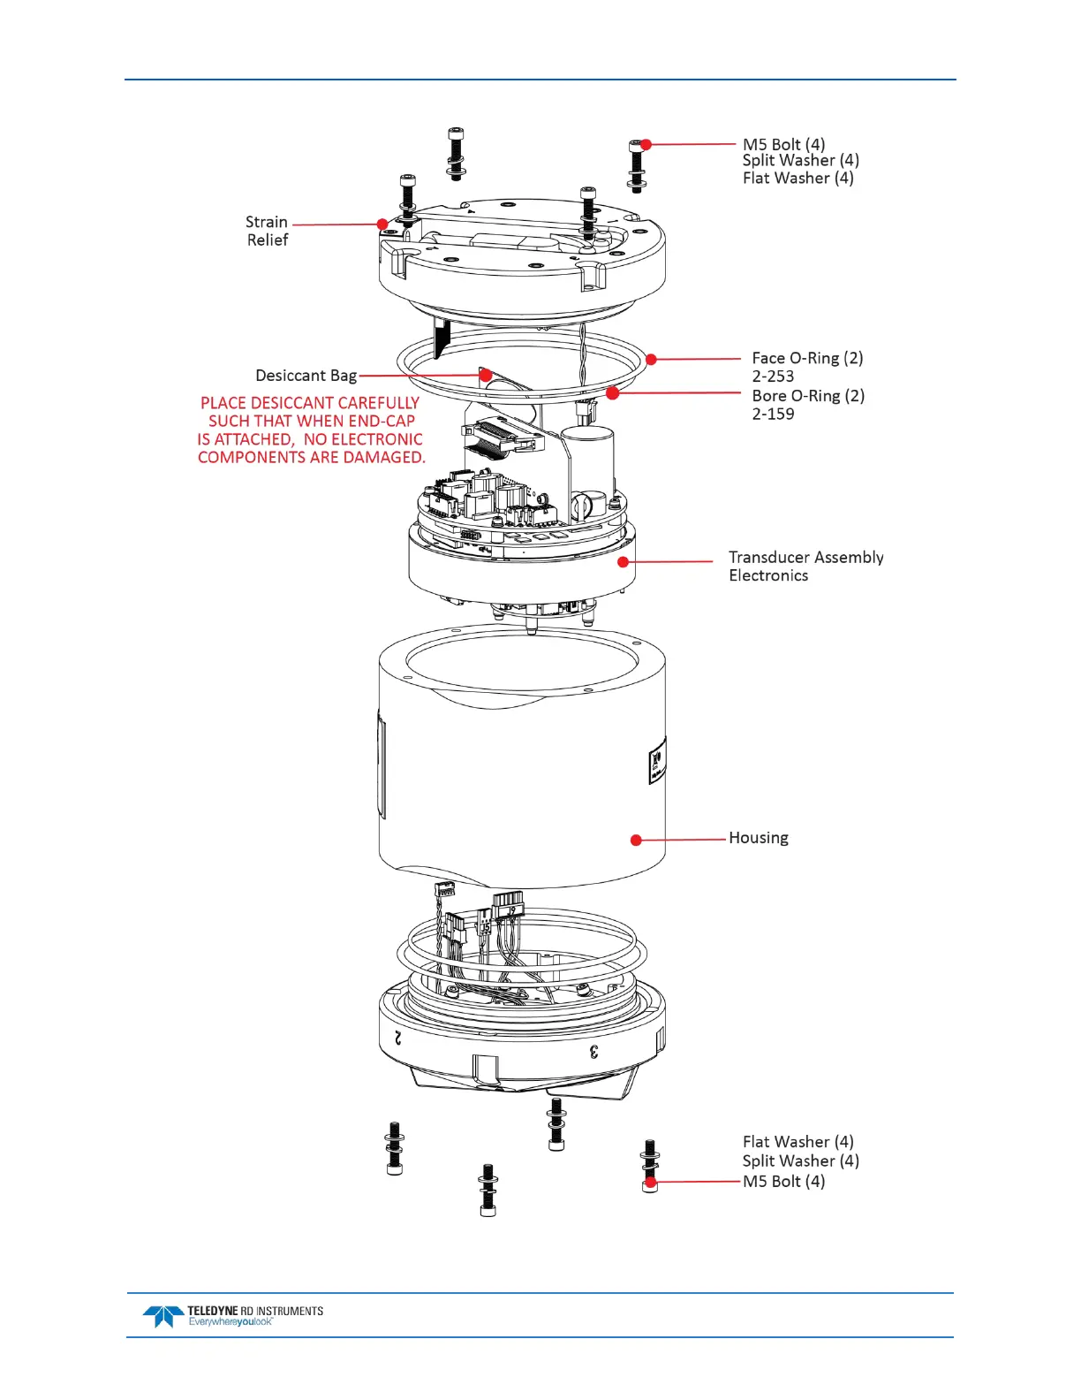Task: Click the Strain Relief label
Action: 267,231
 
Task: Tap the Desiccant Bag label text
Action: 306,376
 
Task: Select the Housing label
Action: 758,838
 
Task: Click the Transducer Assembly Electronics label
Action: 805,567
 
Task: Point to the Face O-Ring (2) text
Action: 807,358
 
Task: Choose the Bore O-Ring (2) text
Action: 808,396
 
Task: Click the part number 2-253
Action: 773,377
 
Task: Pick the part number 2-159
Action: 773,414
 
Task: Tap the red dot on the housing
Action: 636,840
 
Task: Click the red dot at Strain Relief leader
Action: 382,224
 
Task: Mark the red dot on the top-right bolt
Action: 646,144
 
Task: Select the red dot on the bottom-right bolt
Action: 651,1182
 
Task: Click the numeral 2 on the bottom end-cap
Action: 399,1038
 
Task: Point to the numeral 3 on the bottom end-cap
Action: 594,1051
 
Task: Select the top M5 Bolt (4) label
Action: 783,144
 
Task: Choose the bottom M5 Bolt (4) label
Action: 783,1182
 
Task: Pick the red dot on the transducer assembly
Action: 624,561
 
